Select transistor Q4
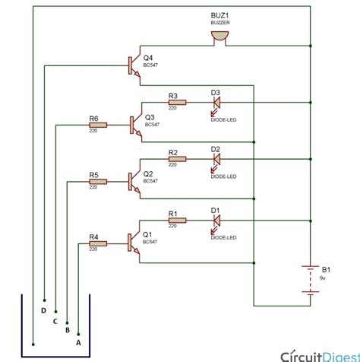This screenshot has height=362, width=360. (x=135, y=65)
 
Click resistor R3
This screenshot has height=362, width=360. (x=174, y=102)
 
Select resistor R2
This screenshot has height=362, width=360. (x=174, y=160)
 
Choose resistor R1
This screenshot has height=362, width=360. (x=174, y=221)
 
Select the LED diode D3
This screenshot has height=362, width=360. (x=216, y=102)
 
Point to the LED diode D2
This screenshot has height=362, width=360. (x=216, y=160)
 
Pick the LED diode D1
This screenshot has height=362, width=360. (x=216, y=221)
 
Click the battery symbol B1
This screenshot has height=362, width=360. (x=310, y=278)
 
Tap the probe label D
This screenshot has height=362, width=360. (x=43, y=311)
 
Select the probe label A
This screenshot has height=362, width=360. (x=77, y=341)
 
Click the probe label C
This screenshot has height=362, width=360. (x=55, y=321)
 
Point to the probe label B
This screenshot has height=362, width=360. (x=67, y=331)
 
